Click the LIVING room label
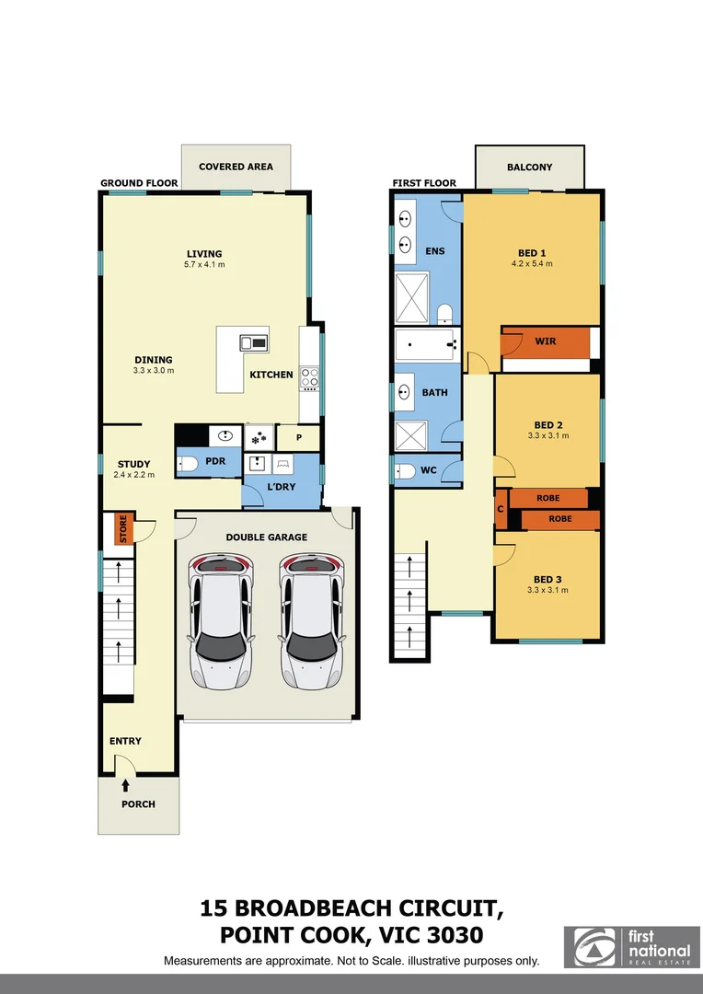(x=204, y=254)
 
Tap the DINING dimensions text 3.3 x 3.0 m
(x=152, y=370)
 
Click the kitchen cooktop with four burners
(x=309, y=376)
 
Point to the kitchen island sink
(x=253, y=343)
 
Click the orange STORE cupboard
(x=121, y=530)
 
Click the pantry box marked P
(x=299, y=437)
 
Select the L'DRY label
(x=281, y=486)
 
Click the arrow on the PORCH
(x=125, y=785)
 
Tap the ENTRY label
(x=125, y=741)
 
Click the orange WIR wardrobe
(x=545, y=342)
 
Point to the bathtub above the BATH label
(x=425, y=346)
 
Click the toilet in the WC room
(x=406, y=471)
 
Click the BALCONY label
(x=530, y=168)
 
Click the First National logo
(x=630, y=948)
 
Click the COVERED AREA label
(x=236, y=167)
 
